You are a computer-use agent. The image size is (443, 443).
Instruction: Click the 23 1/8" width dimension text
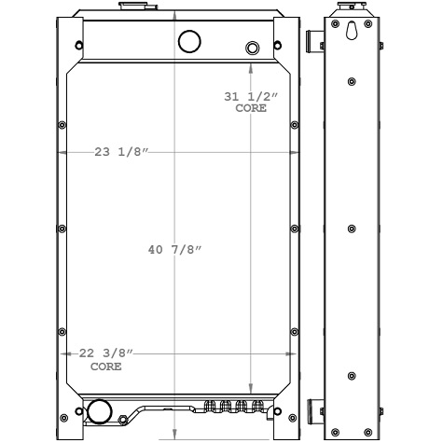(122, 153)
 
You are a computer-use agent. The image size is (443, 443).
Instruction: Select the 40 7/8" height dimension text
(175, 249)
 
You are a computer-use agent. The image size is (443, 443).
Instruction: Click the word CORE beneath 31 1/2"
(251, 109)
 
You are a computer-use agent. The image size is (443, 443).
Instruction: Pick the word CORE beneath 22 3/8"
(105, 367)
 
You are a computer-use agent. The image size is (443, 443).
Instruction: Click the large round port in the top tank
(189, 41)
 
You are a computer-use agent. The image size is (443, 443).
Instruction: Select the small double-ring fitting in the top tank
(252, 48)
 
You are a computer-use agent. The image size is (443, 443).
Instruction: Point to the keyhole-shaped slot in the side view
(351, 30)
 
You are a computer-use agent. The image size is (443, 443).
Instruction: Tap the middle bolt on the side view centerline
(351, 229)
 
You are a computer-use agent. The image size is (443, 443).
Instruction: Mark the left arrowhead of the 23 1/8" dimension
(62, 153)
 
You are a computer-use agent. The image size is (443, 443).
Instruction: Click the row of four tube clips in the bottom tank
(227, 408)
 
